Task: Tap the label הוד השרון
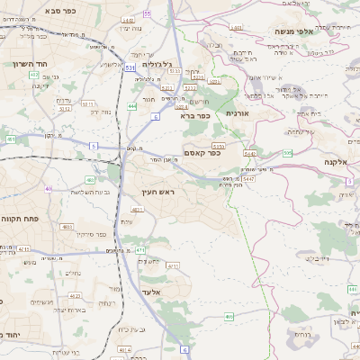31,64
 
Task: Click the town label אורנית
237,112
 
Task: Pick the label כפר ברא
195,115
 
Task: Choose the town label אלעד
150,292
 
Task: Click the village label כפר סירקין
92,235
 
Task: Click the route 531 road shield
130,67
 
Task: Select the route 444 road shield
132,106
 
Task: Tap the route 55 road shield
148,13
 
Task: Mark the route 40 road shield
48,189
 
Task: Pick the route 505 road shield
287,154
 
